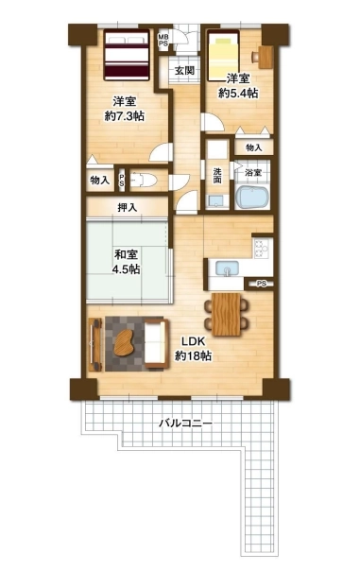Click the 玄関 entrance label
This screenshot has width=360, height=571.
[184, 70]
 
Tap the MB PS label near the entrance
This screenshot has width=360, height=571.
[163, 40]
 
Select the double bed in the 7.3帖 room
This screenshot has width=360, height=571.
[127, 55]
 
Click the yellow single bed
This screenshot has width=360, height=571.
[222, 57]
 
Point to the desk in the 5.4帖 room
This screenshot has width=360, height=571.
[266, 57]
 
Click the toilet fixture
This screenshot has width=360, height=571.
[143, 181]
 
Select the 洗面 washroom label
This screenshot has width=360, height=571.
[217, 175]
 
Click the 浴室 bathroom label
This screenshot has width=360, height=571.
[252, 173]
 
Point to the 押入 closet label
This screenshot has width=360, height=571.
[127, 208]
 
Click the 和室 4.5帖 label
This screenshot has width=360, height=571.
[127, 261]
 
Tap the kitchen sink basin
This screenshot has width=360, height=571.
[227, 268]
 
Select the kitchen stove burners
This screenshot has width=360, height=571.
[262, 248]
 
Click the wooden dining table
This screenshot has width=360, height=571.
[226, 314]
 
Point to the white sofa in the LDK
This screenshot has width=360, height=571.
[157, 343]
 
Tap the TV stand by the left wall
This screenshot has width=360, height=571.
[95, 345]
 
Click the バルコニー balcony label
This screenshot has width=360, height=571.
[185, 424]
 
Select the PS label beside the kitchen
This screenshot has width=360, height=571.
[261, 284]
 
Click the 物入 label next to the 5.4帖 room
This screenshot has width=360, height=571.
[253, 147]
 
